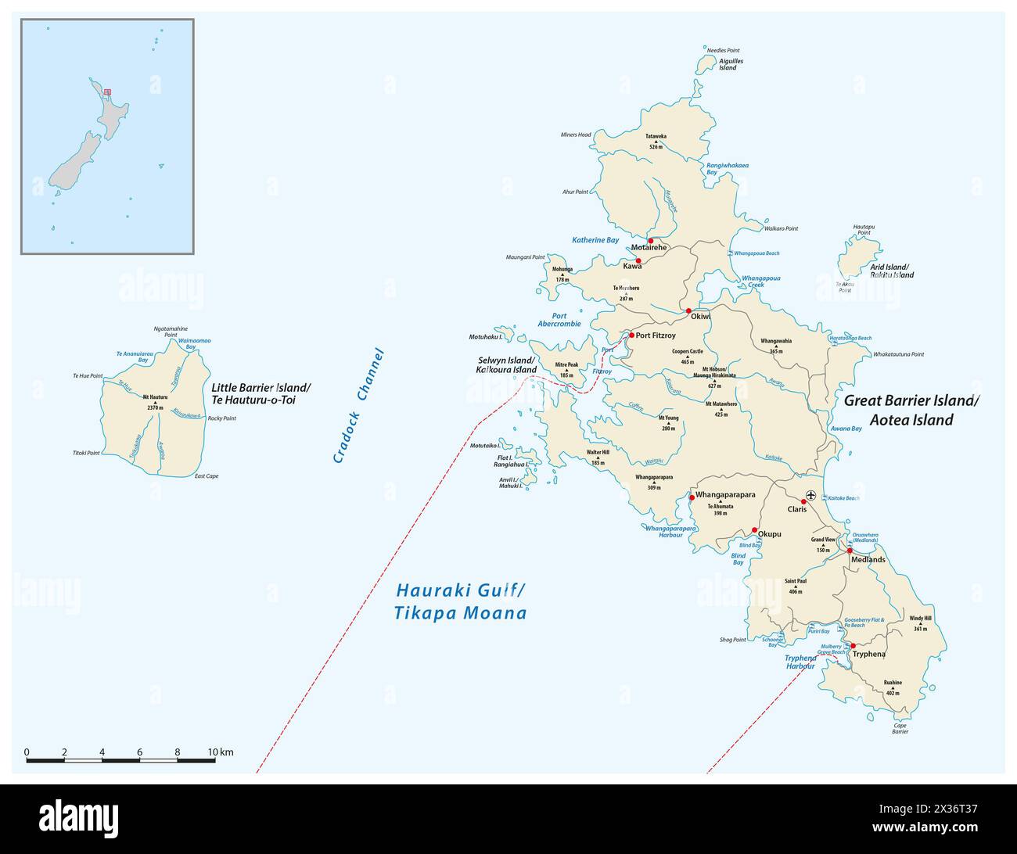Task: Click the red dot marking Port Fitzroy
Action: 631,335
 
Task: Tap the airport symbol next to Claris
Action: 811,495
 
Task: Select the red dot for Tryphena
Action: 843,646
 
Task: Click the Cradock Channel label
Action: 359,405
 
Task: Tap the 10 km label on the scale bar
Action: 220,752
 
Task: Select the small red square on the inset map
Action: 107,92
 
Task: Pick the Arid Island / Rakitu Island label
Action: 892,271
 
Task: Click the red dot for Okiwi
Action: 688,311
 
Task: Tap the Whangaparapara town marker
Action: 692,497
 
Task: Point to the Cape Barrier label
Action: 900,729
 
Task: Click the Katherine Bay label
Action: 595,240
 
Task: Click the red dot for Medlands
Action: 850,551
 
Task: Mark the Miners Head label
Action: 576,135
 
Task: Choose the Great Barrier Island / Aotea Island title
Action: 911,410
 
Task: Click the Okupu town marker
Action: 754,530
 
